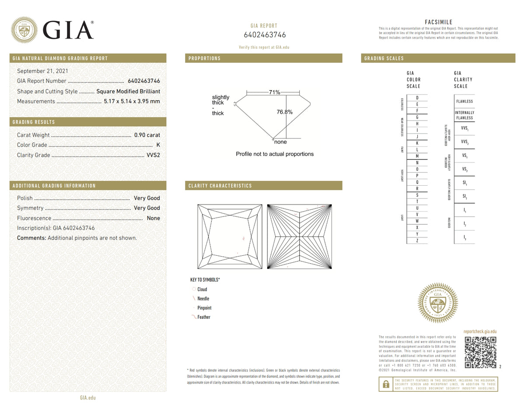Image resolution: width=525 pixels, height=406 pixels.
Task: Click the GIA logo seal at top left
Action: (x=24, y=30)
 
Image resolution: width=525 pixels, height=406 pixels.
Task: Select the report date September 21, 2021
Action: (x=42, y=71)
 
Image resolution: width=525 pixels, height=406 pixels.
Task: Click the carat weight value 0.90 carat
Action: (x=147, y=135)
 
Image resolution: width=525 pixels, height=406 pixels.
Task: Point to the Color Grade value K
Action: (x=158, y=145)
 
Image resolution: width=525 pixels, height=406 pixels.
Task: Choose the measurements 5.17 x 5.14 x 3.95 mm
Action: (x=132, y=101)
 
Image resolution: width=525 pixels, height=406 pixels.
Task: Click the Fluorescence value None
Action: (x=153, y=218)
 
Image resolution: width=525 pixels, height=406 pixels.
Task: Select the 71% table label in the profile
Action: (x=274, y=92)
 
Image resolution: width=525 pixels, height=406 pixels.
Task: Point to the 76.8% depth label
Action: (x=284, y=112)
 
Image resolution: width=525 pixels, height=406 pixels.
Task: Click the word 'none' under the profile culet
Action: (x=280, y=142)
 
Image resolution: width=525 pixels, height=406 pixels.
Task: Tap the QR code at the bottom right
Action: (x=480, y=353)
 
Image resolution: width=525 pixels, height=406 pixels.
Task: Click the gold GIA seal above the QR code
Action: (x=438, y=303)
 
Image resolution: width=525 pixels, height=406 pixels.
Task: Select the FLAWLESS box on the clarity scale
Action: (x=464, y=101)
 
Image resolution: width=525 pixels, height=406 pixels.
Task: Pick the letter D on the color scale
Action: (x=417, y=98)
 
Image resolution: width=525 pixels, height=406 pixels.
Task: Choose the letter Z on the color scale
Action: (x=417, y=241)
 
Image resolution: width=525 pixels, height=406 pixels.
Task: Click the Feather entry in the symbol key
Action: (x=203, y=317)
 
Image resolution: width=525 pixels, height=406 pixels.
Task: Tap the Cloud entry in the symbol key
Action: (x=202, y=289)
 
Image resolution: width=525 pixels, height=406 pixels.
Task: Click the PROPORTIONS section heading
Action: (x=205, y=58)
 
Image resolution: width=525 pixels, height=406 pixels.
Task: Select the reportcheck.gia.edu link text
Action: (x=479, y=332)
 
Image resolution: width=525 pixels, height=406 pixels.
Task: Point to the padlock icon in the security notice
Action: (x=386, y=384)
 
